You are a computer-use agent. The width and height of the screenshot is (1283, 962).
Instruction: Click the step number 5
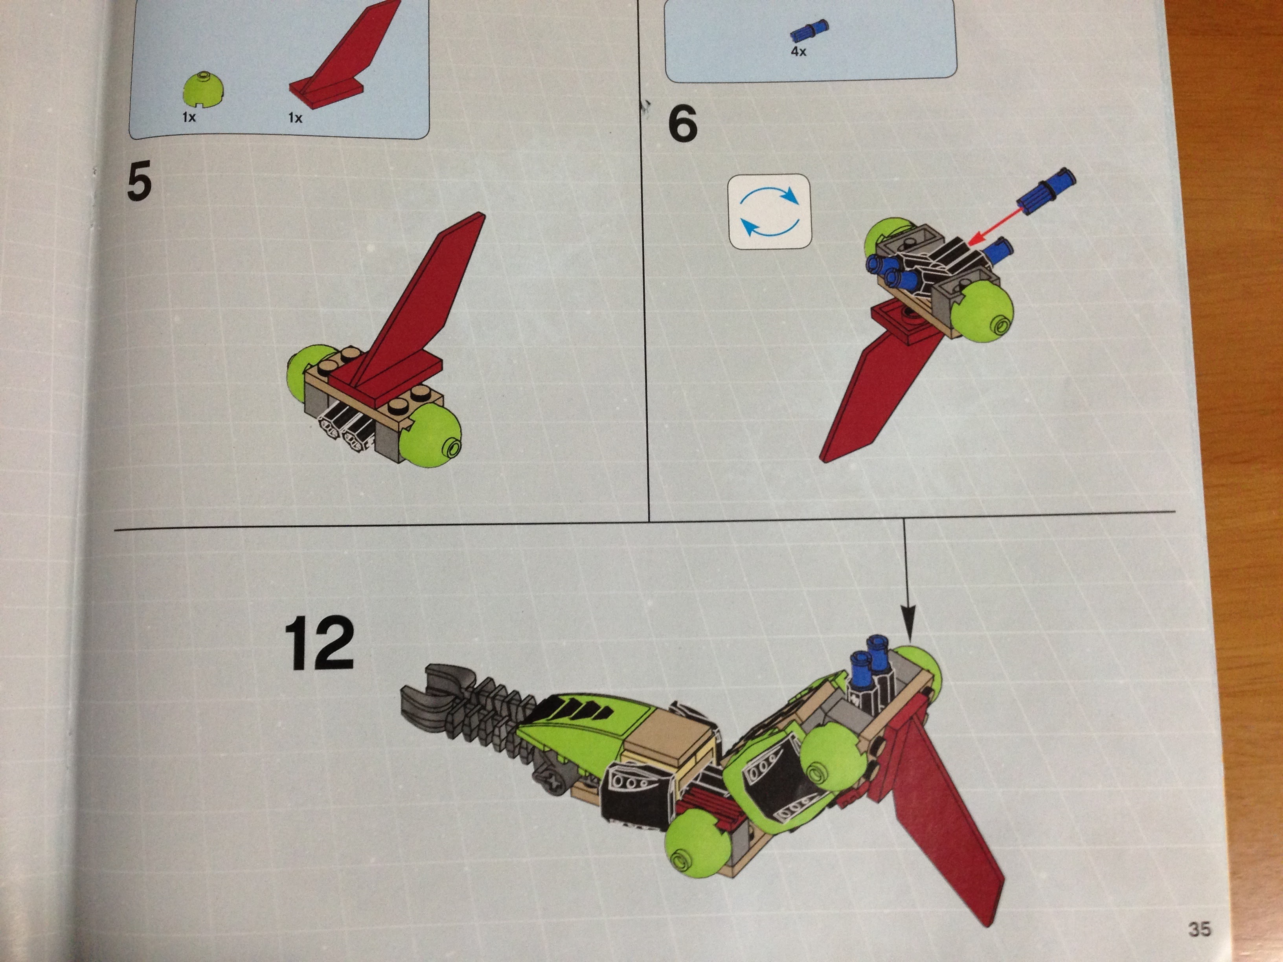click(139, 180)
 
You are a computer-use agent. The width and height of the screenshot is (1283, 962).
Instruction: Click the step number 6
click(683, 125)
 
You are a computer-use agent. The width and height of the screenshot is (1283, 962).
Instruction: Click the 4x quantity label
click(799, 51)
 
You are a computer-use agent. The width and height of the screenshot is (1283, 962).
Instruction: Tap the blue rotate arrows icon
click(770, 212)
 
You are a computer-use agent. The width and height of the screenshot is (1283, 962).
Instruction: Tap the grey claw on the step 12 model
click(430, 701)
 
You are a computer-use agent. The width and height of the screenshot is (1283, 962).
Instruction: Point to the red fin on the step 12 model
click(945, 812)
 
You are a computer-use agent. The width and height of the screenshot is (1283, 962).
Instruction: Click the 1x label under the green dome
click(189, 117)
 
